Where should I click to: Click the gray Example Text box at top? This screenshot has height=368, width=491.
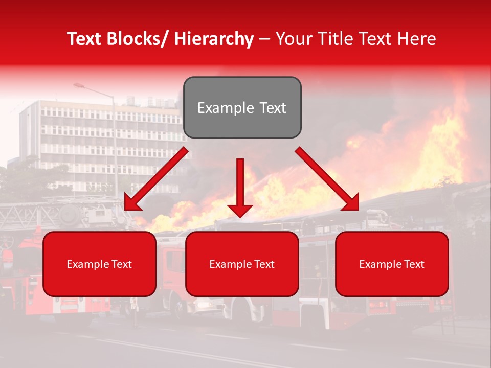242,107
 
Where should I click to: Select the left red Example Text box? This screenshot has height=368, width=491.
99,264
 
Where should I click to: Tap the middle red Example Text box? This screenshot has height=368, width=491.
242,264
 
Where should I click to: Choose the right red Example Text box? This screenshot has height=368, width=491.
392,264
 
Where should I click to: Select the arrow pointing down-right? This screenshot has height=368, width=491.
327,179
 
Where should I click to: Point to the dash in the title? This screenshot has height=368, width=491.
264,39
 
